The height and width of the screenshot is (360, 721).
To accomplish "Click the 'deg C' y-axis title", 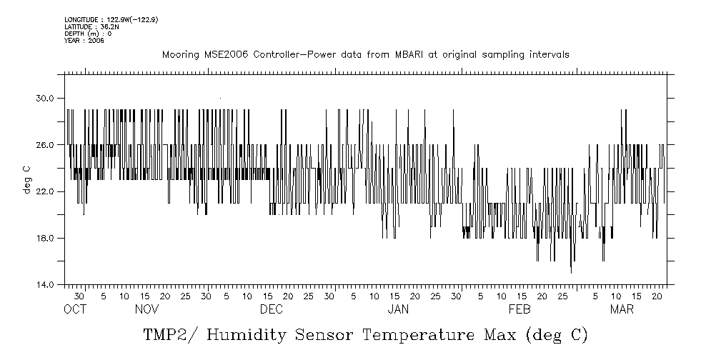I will coord(26,179).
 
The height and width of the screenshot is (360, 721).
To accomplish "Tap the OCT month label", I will coord(75,309).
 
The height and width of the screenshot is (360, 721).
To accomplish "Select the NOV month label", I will coord(146,309).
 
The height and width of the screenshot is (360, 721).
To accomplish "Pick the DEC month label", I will coord(271,309).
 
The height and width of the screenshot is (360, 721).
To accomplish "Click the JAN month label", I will coord(398,309).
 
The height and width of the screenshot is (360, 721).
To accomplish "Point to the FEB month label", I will coord(519,309).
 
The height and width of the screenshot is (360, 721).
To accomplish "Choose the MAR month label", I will coord(621,309).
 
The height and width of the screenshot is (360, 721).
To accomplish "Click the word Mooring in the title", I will coord(179,55).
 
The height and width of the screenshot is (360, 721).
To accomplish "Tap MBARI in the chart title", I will coord(417,55).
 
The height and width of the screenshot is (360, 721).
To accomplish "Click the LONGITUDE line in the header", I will coord(111,19).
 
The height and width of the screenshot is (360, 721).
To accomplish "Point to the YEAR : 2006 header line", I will coord(84,41).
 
